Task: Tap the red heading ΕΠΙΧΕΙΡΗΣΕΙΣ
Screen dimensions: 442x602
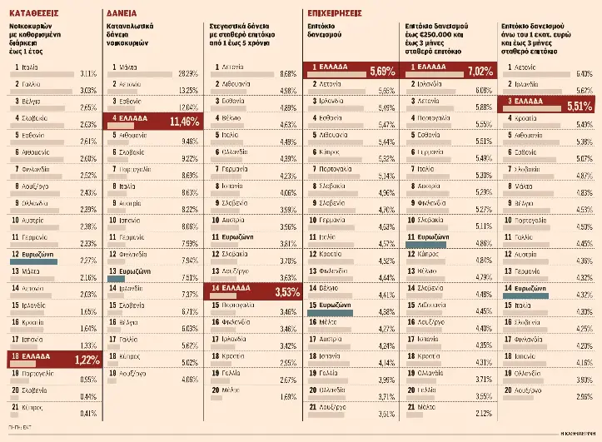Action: [x=334, y=14]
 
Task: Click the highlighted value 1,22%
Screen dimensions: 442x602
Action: [x=85, y=360]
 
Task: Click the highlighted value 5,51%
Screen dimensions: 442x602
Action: [x=576, y=106]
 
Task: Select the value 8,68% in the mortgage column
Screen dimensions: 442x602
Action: [x=287, y=73]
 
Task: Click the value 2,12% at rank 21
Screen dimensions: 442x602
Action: [x=483, y=414]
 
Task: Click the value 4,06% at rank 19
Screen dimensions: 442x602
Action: [x=187, y=379]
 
